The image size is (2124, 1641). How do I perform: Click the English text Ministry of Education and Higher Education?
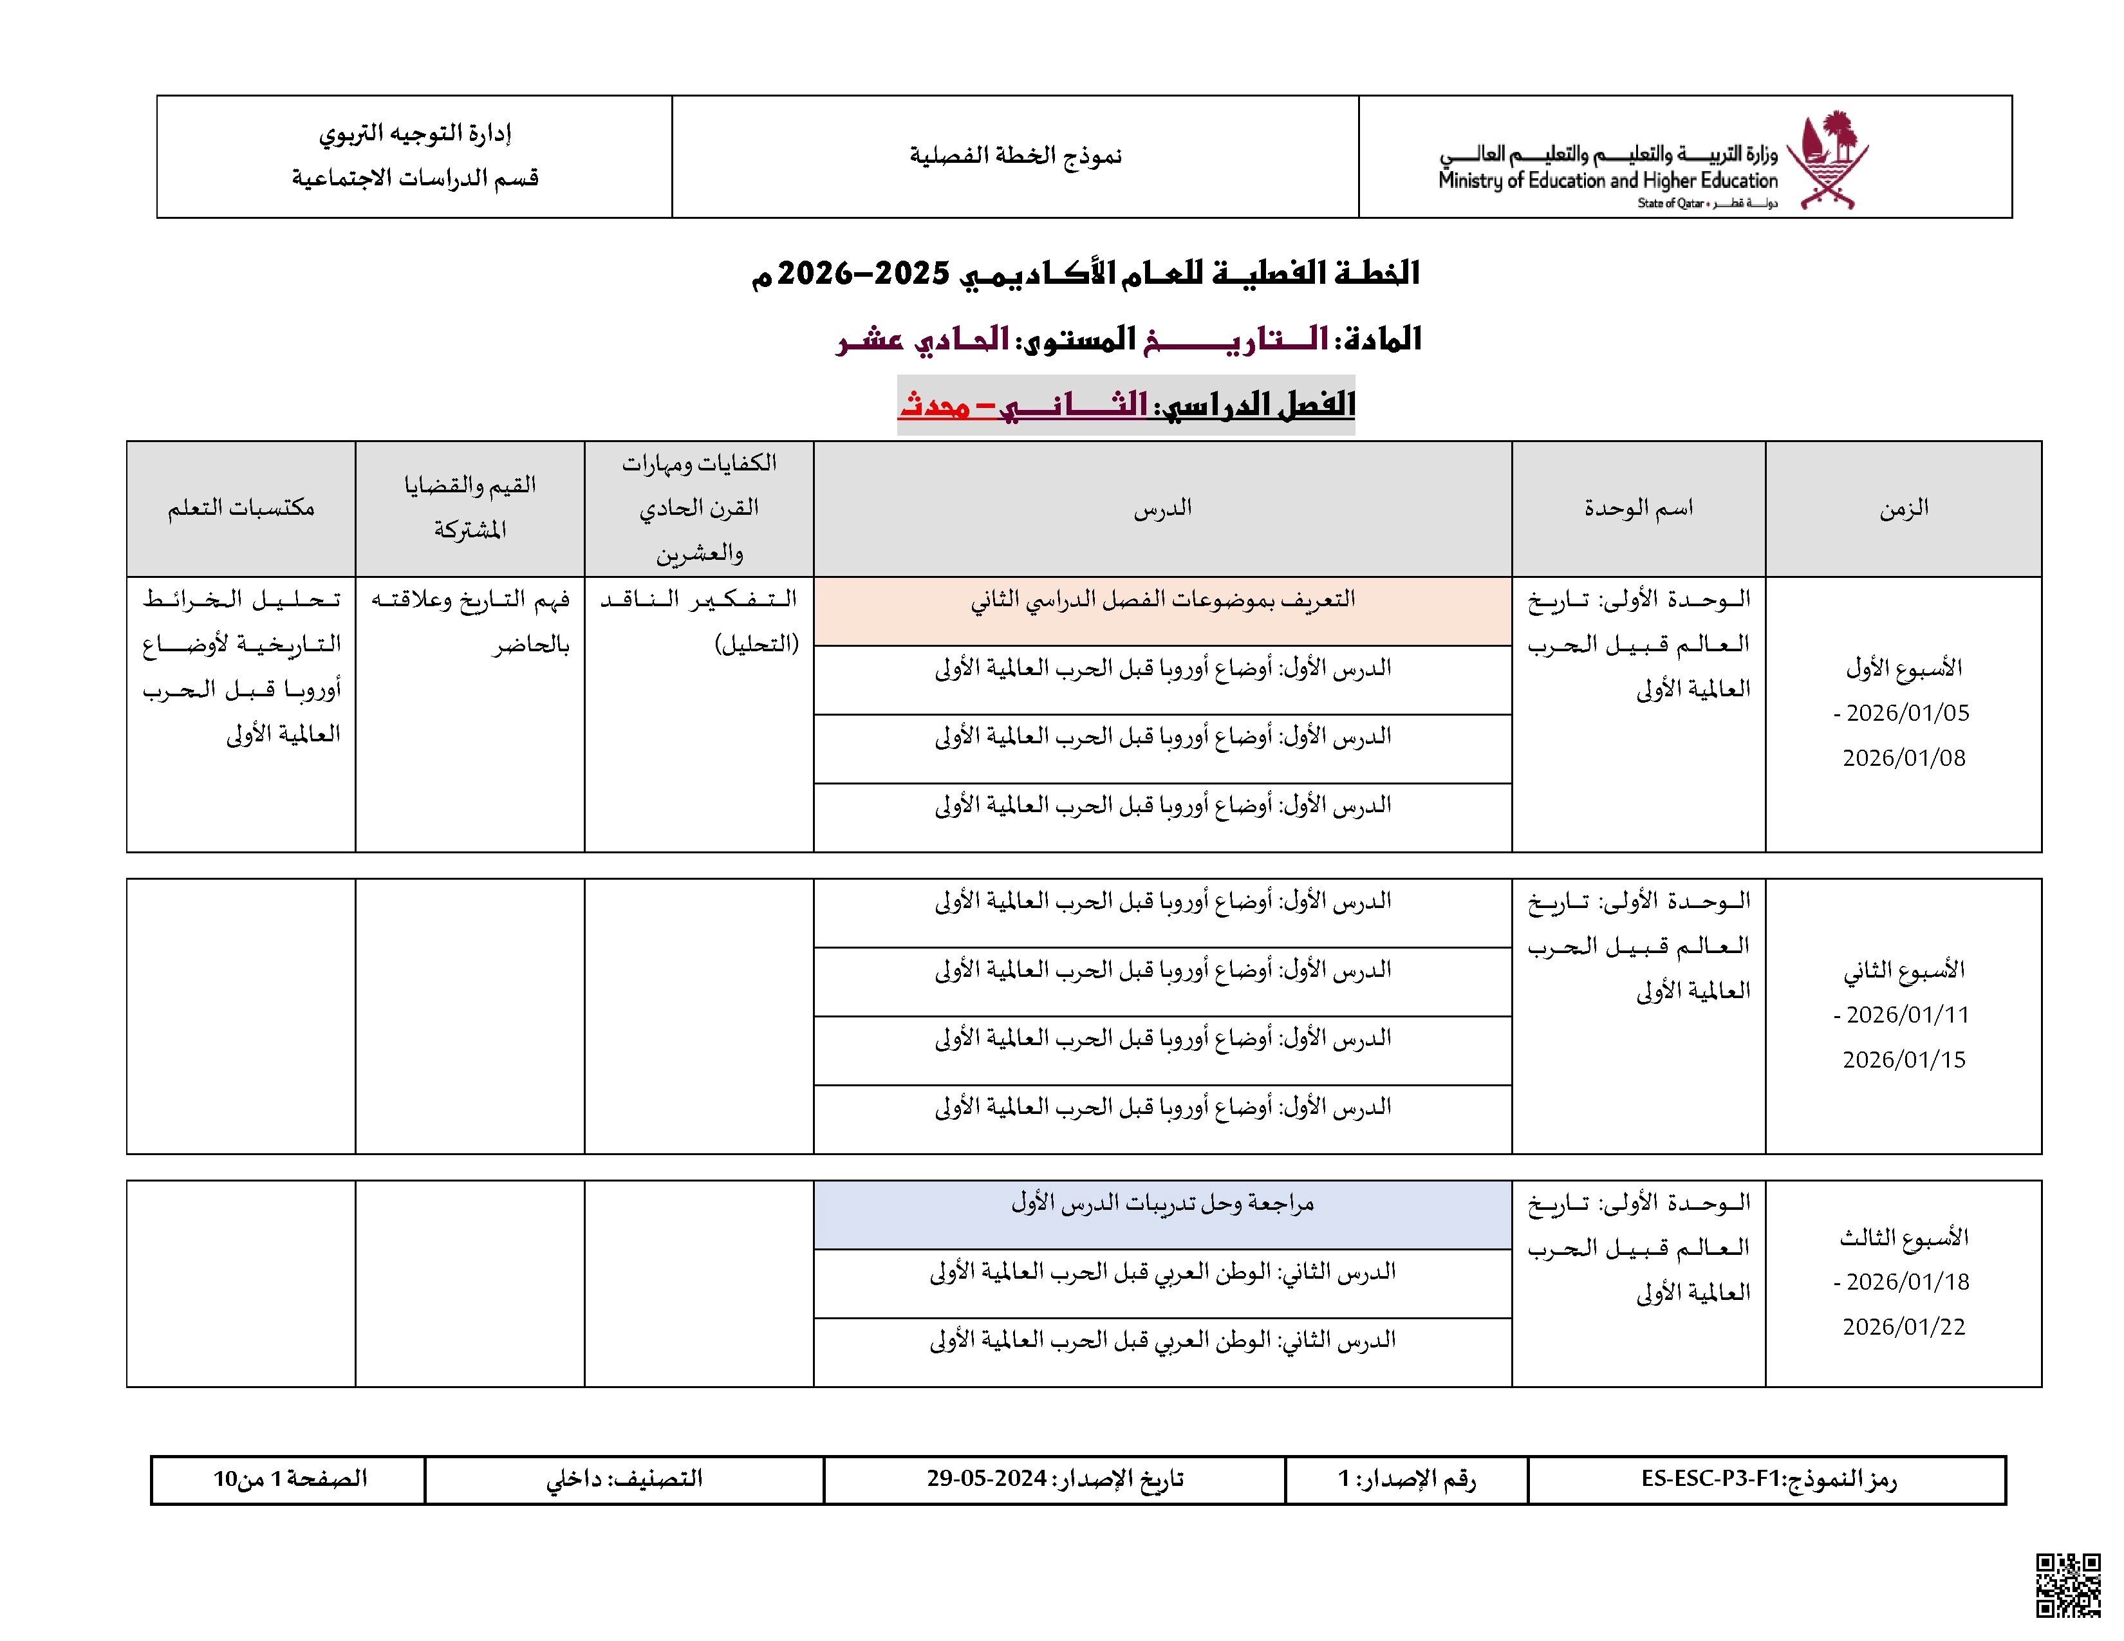(x=1608, y=181)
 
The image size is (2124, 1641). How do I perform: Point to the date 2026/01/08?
(x=1903, y=758)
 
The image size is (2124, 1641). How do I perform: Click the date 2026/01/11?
(x=1907, y=1015)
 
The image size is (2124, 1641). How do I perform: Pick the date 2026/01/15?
(x=1903, y=1060)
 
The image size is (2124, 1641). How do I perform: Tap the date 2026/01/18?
(x=1907, y=1283)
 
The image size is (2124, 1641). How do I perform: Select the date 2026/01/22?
(x=1903, y=1327)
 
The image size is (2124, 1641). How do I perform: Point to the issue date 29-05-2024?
(x=986, y=1479)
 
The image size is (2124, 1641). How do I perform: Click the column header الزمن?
(x=1903, y=508)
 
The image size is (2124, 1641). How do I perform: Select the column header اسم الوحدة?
(x=1638, y=508)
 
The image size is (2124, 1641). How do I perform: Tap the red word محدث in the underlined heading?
(x=934, y=404)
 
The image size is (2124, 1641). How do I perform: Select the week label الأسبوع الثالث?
(x=1903, y=1238)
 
